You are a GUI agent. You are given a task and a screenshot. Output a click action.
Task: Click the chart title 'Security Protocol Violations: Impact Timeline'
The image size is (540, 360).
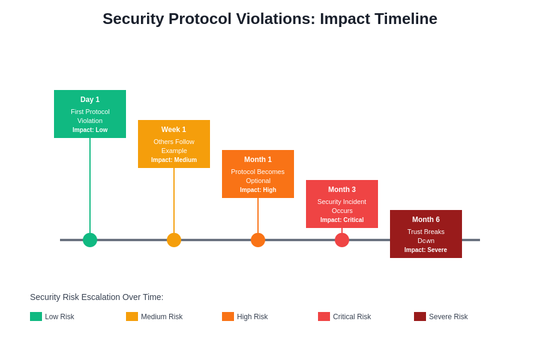270,19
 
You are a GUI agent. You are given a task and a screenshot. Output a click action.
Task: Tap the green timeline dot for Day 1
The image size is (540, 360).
90,240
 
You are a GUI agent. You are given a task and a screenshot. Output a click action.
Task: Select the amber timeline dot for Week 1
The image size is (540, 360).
174,240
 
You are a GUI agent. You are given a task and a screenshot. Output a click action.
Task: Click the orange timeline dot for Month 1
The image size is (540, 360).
258,240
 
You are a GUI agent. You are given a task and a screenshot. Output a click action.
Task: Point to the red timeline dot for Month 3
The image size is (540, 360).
342,240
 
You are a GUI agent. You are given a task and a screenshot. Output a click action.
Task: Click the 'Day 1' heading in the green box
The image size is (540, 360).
90,100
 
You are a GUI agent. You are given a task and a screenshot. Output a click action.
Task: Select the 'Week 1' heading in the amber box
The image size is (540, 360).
174,130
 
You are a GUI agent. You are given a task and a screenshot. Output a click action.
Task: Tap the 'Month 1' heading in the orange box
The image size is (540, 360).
258,160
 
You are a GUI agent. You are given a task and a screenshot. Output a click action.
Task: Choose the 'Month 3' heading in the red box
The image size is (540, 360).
342,190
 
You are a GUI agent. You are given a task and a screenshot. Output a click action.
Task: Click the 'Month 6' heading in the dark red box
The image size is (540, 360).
426,220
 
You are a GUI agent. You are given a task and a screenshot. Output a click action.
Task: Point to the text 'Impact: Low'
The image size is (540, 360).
90,130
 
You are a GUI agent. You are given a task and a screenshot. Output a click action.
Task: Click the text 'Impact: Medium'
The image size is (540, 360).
174,160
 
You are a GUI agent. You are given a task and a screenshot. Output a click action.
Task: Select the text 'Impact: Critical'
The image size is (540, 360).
342,220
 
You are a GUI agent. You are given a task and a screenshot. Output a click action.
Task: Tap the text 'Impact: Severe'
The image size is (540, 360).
426,250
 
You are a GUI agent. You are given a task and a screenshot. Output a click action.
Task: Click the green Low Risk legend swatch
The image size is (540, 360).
36,316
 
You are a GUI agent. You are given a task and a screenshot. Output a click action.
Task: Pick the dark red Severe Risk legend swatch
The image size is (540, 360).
420,316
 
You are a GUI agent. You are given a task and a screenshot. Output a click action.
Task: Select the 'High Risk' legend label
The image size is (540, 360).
252,317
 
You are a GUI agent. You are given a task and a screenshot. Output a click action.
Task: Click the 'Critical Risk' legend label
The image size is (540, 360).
352,317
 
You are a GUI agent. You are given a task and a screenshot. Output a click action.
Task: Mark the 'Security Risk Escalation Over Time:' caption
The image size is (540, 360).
97,297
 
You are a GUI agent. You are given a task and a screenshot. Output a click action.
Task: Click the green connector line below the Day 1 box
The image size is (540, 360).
90,186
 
